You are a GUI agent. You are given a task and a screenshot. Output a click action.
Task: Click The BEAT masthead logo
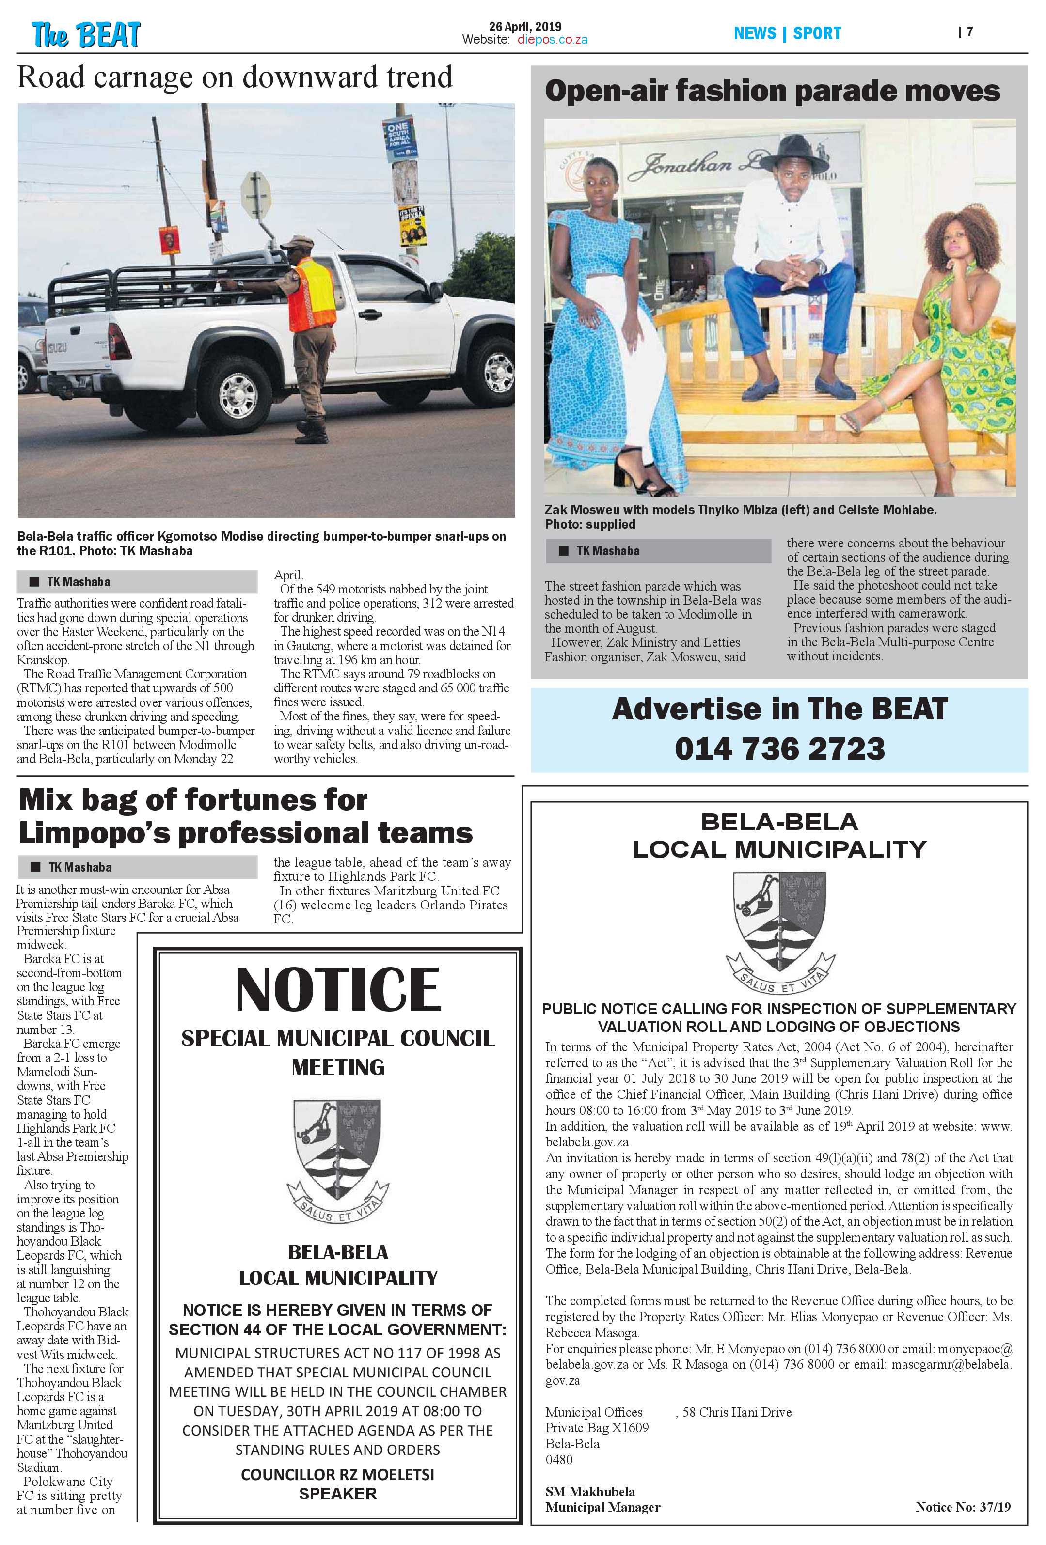86,34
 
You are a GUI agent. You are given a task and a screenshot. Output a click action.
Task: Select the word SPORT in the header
817,33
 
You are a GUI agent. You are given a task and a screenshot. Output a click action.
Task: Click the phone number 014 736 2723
779,749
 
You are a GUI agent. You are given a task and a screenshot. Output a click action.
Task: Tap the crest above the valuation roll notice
779,931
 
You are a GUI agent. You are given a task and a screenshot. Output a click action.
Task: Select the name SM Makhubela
590,1491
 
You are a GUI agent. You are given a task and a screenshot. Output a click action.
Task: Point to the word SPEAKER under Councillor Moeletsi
338,1493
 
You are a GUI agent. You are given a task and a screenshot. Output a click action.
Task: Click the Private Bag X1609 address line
597,1427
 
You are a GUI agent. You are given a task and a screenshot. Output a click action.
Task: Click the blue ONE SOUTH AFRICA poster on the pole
400,139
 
